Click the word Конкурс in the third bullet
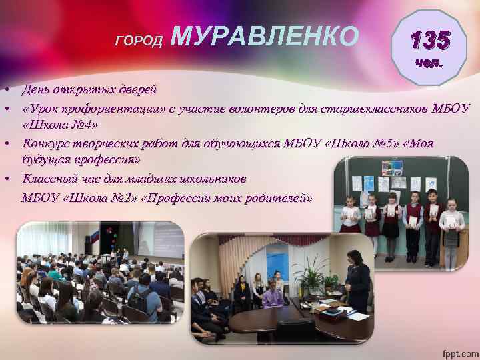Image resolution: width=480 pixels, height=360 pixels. (48, 143)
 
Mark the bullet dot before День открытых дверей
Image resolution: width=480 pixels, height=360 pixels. (5, 90)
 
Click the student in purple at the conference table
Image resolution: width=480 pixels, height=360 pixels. (273, 293)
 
